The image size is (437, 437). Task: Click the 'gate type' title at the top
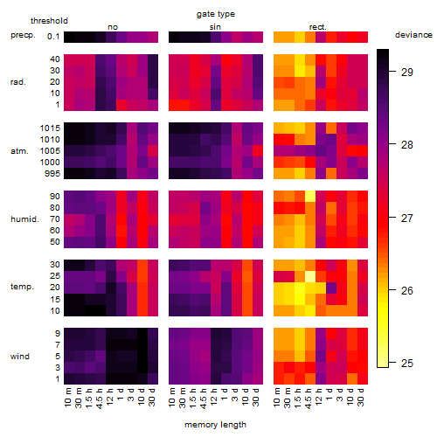[216, 14]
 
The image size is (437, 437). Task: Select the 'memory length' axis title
[215, 425]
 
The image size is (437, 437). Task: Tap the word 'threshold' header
[49, 21]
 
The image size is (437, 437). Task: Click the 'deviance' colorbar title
[413, 35]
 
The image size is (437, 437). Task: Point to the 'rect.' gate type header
[318, 27]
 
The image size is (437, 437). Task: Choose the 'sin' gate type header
[215, 27]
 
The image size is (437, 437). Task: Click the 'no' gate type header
[113, 27]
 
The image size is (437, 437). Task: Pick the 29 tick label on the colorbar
[407, 72]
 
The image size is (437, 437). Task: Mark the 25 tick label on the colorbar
[407, 363]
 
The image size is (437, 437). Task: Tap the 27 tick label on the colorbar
[407, 218]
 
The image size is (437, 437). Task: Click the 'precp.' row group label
[23, 35]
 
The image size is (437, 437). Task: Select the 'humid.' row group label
[24, 218]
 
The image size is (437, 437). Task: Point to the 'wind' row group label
[20, 357]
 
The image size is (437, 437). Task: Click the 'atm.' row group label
[19, 151]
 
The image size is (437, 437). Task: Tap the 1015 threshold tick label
[50, 128]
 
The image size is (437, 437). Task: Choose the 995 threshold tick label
[52, 174]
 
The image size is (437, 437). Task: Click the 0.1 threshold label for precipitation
[53, 37]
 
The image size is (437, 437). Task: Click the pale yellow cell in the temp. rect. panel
[310, 276]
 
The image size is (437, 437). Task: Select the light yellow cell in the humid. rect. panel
[310, 197]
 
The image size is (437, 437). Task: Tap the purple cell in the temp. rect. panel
[331, 288]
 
